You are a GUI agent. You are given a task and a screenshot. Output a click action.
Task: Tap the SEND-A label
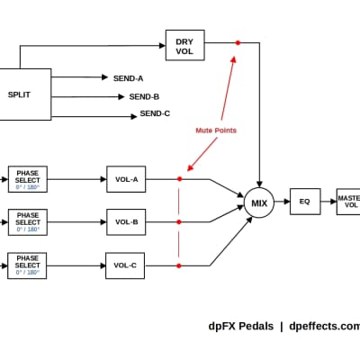pos(128,78)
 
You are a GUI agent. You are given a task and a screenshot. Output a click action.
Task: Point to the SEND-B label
pos(144,96)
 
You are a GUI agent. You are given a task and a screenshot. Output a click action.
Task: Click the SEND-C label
pos(155,114)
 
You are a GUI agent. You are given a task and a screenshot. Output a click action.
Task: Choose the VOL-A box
pos(125,179)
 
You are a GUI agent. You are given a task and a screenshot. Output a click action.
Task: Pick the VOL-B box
pos(125,221)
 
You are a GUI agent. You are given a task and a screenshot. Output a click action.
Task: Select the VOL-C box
pos(125,265)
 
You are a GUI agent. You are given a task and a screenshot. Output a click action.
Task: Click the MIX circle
pos(259,202)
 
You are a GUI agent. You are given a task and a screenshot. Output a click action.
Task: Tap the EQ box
pos(304,202)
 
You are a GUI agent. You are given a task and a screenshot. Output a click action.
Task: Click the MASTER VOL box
pos(347,202)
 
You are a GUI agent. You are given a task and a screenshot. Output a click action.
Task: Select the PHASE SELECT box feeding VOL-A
pos(28,179)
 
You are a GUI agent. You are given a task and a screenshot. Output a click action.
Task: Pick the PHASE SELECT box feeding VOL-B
pos(28,221)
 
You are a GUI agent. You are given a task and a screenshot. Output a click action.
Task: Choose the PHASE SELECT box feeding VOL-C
pos(28,265)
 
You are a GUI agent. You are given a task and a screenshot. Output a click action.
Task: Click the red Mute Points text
pos(215,130)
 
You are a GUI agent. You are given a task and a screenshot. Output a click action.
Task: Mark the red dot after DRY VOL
pos(238,42)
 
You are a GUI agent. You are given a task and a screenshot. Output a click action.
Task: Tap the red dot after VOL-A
pos(179,179)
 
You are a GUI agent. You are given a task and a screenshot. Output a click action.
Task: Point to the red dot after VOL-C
pos(179,265)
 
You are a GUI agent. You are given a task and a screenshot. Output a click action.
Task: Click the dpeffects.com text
pos(324,327)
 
